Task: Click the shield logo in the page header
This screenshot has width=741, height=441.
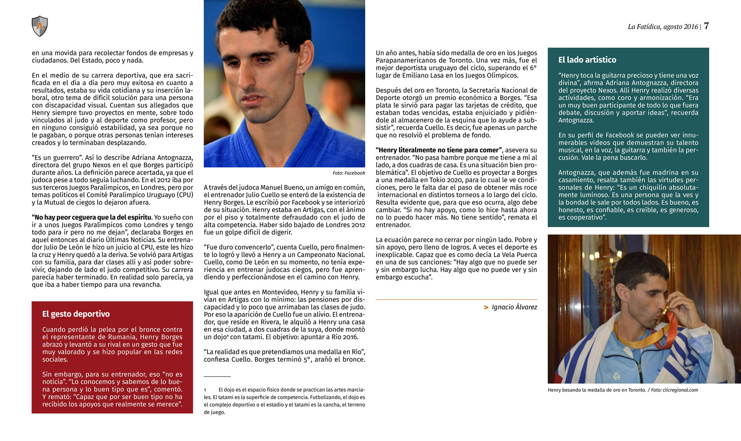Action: [x=40, y=26]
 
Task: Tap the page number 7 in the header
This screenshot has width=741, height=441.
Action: [x=707, y=26]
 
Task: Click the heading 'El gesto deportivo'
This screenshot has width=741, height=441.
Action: [x=76, y=314]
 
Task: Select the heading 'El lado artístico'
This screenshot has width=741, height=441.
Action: [x=587, y=60]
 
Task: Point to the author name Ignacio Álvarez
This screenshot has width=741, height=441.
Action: [x=514, y=307]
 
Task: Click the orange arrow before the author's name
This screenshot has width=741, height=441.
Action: [x=486, y=307]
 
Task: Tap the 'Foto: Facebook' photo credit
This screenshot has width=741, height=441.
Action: [x=348, y=173]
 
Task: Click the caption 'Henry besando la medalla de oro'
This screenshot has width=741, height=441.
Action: [x=597, y=390]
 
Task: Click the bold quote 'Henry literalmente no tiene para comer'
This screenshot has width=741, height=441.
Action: [x=439, y=150]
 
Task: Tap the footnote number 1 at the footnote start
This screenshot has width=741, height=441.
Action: [x=205, y=390]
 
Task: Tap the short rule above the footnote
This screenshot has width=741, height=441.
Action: [x=217, y=376]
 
